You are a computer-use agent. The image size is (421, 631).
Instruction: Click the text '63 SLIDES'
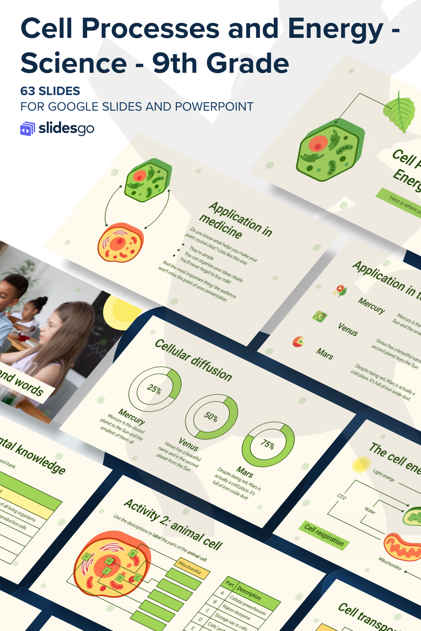click(x=50, y=91)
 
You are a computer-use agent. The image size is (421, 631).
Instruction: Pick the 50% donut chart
click(x=211, y=416)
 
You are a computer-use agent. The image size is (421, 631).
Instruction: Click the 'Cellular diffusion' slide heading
click(x=193, y=360)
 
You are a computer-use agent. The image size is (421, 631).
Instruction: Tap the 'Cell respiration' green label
click(x=324, y=535)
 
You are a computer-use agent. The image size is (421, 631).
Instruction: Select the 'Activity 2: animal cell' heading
click(x=173, y=524)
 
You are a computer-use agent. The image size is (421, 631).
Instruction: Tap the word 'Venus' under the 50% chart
click(x=188, y=444)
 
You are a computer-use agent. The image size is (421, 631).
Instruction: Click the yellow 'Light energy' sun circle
click(x=361, y=465)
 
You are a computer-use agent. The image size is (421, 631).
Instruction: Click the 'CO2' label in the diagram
click(x=342, y=497)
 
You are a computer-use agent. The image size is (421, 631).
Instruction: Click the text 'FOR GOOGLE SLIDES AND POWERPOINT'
click(x=137, y=107)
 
